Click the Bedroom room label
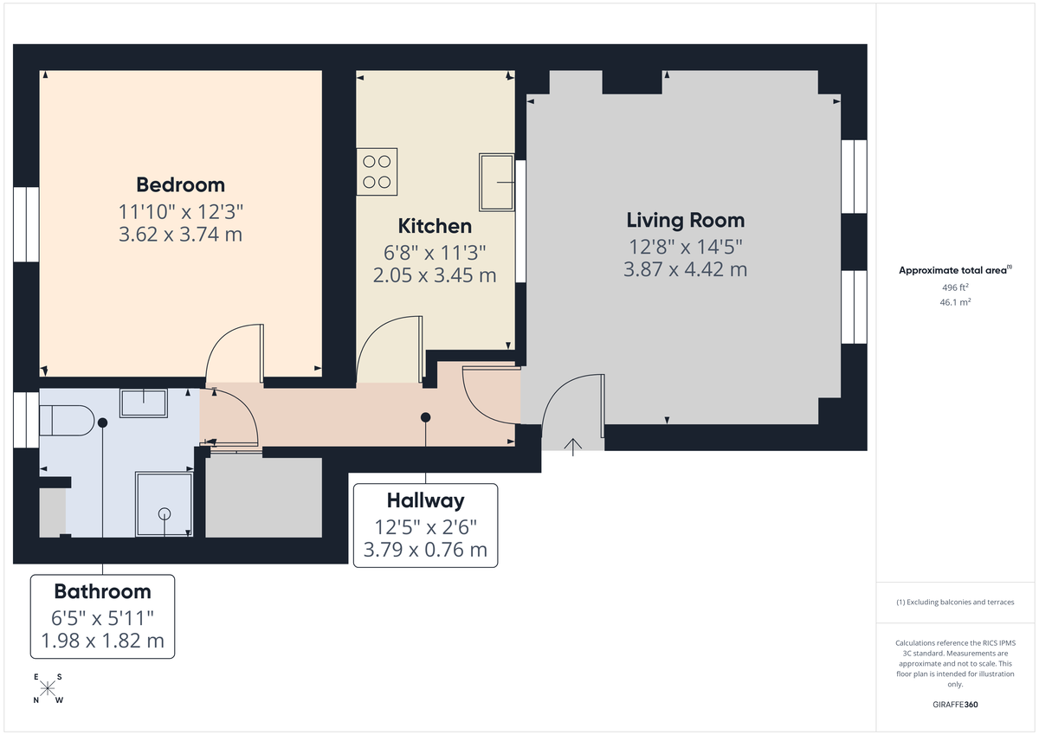(x=180, y=184)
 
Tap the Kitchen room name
(x=435, y=226)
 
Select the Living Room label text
(x=685, y=220)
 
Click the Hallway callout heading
(x=425, y=500)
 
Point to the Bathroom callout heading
(x=102, y=591)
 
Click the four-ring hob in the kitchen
(x=377, y=171)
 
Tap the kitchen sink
(x=497, y=182)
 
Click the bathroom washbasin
(x=143, y=403)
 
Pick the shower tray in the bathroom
(x=164, y=504)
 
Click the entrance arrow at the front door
(x=572, y=445)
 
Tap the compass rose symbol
(x=48, y=689)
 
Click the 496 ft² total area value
(x=955, y=287)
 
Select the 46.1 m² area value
(x=955, y=302)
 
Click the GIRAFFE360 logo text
(x=955, y=705)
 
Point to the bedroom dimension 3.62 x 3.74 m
(x=180, y=234)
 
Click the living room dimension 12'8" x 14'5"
(x=685, y=246)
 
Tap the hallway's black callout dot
(x=425, y=417)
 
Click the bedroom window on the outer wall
(x=26, y=223)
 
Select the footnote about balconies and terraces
(x=955, y=602)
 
